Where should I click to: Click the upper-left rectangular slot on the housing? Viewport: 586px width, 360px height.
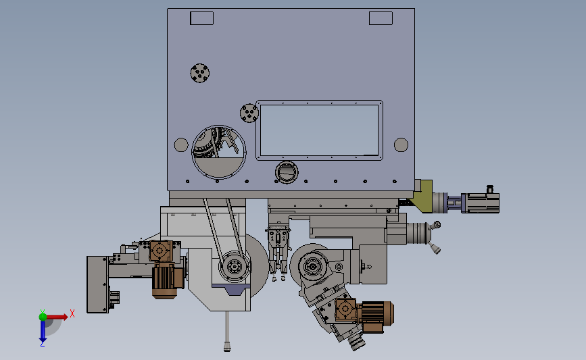202,18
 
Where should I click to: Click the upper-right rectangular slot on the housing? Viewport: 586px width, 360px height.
381,18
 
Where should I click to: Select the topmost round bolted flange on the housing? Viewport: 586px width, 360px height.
200,73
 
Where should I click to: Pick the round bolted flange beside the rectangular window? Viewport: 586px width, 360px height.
249,113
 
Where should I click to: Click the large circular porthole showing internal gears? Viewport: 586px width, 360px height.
218,152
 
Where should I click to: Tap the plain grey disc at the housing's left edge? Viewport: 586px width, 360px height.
181,145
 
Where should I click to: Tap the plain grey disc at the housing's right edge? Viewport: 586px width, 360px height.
401,145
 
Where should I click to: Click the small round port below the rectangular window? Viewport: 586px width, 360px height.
287,172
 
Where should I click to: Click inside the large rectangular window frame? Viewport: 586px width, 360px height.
320,130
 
